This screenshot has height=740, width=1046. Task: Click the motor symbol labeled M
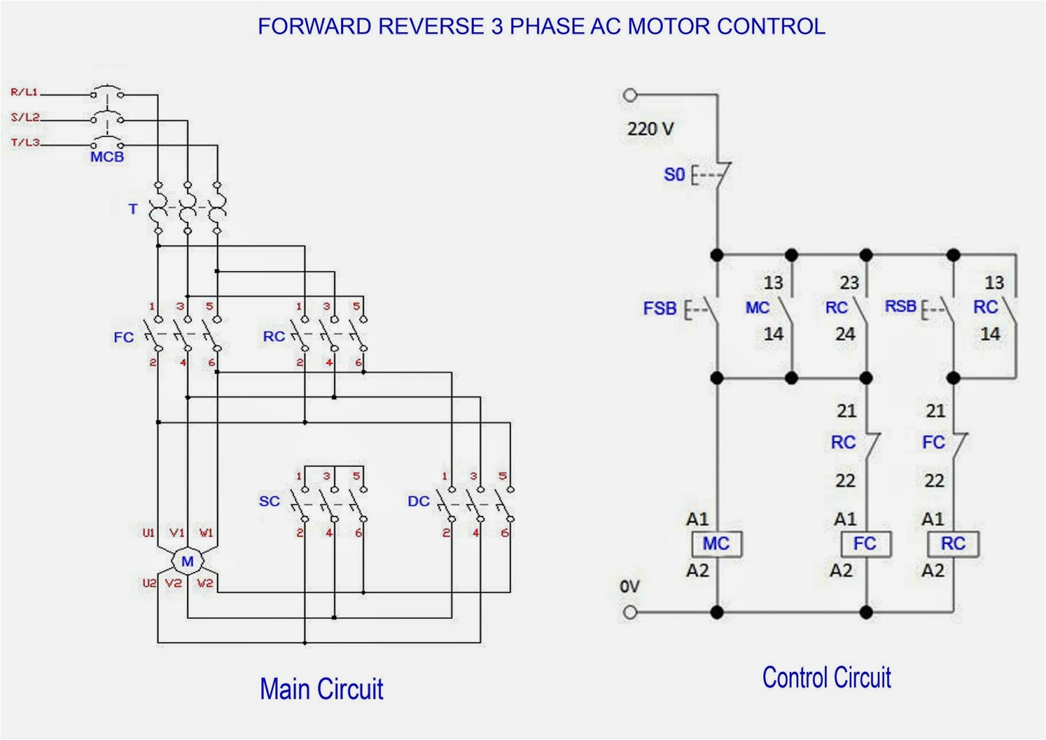click(x=188, y=561)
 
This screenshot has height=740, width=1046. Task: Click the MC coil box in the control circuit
click(x=717, y=544)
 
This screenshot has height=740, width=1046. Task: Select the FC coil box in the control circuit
click(x=865, y=544)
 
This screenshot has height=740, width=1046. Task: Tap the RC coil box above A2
click(x=953, y=544)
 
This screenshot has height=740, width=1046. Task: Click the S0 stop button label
click(x=674, y=175)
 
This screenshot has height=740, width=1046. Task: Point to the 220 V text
click(x=650, y=129)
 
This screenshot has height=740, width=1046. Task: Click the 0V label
click(x=630, y=587)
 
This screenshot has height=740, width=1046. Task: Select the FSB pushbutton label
click(x=660, y=308)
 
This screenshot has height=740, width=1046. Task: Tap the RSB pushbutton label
click(x=900, y=306)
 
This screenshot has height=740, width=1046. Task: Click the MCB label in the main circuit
click(x=107, y=157)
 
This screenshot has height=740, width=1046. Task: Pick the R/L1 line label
click(x=24, y=92)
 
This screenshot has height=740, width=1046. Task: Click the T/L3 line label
click(x=25, y=142)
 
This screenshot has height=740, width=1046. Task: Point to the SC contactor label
click(x=269, y=501)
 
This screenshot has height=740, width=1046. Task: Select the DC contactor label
click(x=418, y=501)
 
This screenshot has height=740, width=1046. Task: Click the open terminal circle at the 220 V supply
click(x=630, y=96)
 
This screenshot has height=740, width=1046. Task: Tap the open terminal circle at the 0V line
click(x=630, y=612)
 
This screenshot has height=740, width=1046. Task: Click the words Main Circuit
click(x=321, y=690)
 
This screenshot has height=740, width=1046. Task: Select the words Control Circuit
click(x=826, y=678)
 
